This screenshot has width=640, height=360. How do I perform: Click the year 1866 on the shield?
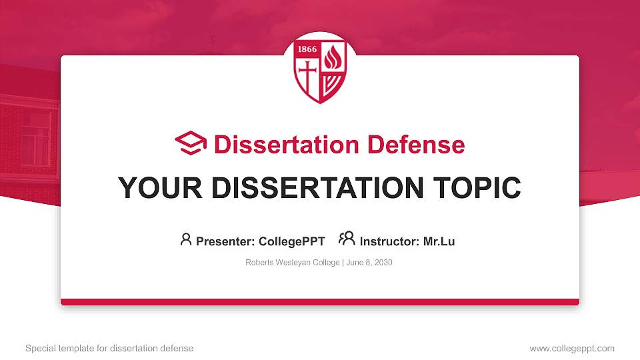click(307, 50)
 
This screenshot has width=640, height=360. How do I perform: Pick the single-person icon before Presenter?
click(186, 239)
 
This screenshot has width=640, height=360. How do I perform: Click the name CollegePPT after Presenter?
click(291, 241)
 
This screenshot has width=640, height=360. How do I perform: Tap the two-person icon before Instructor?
click(347, 239)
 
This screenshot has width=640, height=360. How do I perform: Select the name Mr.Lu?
click(439, 241)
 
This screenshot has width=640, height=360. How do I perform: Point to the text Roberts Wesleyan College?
click(293, 263)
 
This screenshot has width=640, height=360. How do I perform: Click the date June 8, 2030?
click(369, 263)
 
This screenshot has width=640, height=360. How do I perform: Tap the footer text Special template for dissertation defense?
click(109, 348)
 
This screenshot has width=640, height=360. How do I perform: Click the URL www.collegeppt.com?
click(572, 348)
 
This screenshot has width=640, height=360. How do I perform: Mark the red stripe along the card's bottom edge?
click(320, 302)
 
